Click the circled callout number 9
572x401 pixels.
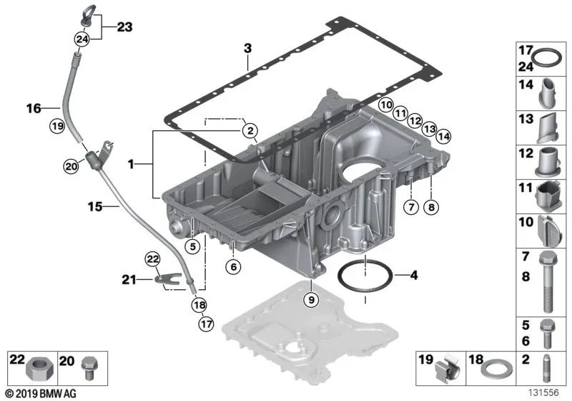pyautogui.click(x=311, y=299)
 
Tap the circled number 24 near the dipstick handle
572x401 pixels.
pyautogui.click(x=82, y=39)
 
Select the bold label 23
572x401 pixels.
pyautogui.click(x=124, y=27)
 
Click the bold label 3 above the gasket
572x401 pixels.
pyautogui.click(x=247, y=48)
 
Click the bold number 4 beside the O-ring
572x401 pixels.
pyautogui.click(x=414, y=275)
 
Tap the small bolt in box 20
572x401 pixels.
pyautogui.click(x=89, y=369)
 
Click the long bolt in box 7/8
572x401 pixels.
pyautogui.click(x=547, y=283)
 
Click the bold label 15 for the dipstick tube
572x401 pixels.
pyautogui.click(x=95, y=207)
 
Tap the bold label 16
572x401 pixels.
pyautogui.click(x=34, y=108)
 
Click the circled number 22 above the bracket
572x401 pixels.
pyautogui.click(x=152, y=259)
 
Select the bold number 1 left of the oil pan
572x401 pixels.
pyautogui.click(x=131, y=165)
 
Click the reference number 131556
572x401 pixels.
pyautogui.click(x=544, y=392)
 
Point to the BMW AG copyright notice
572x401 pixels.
pyautogui.click(x=41, y=394)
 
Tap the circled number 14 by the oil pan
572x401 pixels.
pyautogui.click(x=443, y=137)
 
